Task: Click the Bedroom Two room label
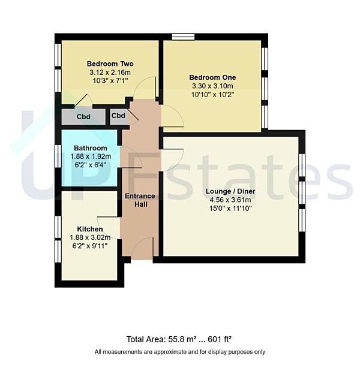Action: pyautogui.click(x=110, y=64)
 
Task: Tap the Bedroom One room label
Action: pyautogui.click(x=212, y=77)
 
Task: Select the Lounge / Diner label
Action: pyautogui.click(x=230, y=191)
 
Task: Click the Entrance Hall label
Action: pyautogui.click(x=140, y=200)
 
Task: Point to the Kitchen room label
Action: pyautogui.click(x=90, y=229)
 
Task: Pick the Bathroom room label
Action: pyautogui.click(x=91, y=148)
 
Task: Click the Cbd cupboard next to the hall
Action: pyautogui.click(x=119, y=116)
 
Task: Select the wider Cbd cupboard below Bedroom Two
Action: pyautogui.click(x=83, y=116)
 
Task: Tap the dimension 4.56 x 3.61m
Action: pyautogui.click(x=230, y=200)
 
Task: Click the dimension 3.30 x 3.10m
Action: pyautogui.click(x=212, y=86)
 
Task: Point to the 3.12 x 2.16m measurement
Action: pyautogui.click(x=110, y=72)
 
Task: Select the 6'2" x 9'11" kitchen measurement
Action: pyautogui.click(x=90, y=245)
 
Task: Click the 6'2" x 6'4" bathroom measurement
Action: pyautogui.click(x=91, y=165)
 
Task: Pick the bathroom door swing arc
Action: pyautogui.click(x=132, y=157)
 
